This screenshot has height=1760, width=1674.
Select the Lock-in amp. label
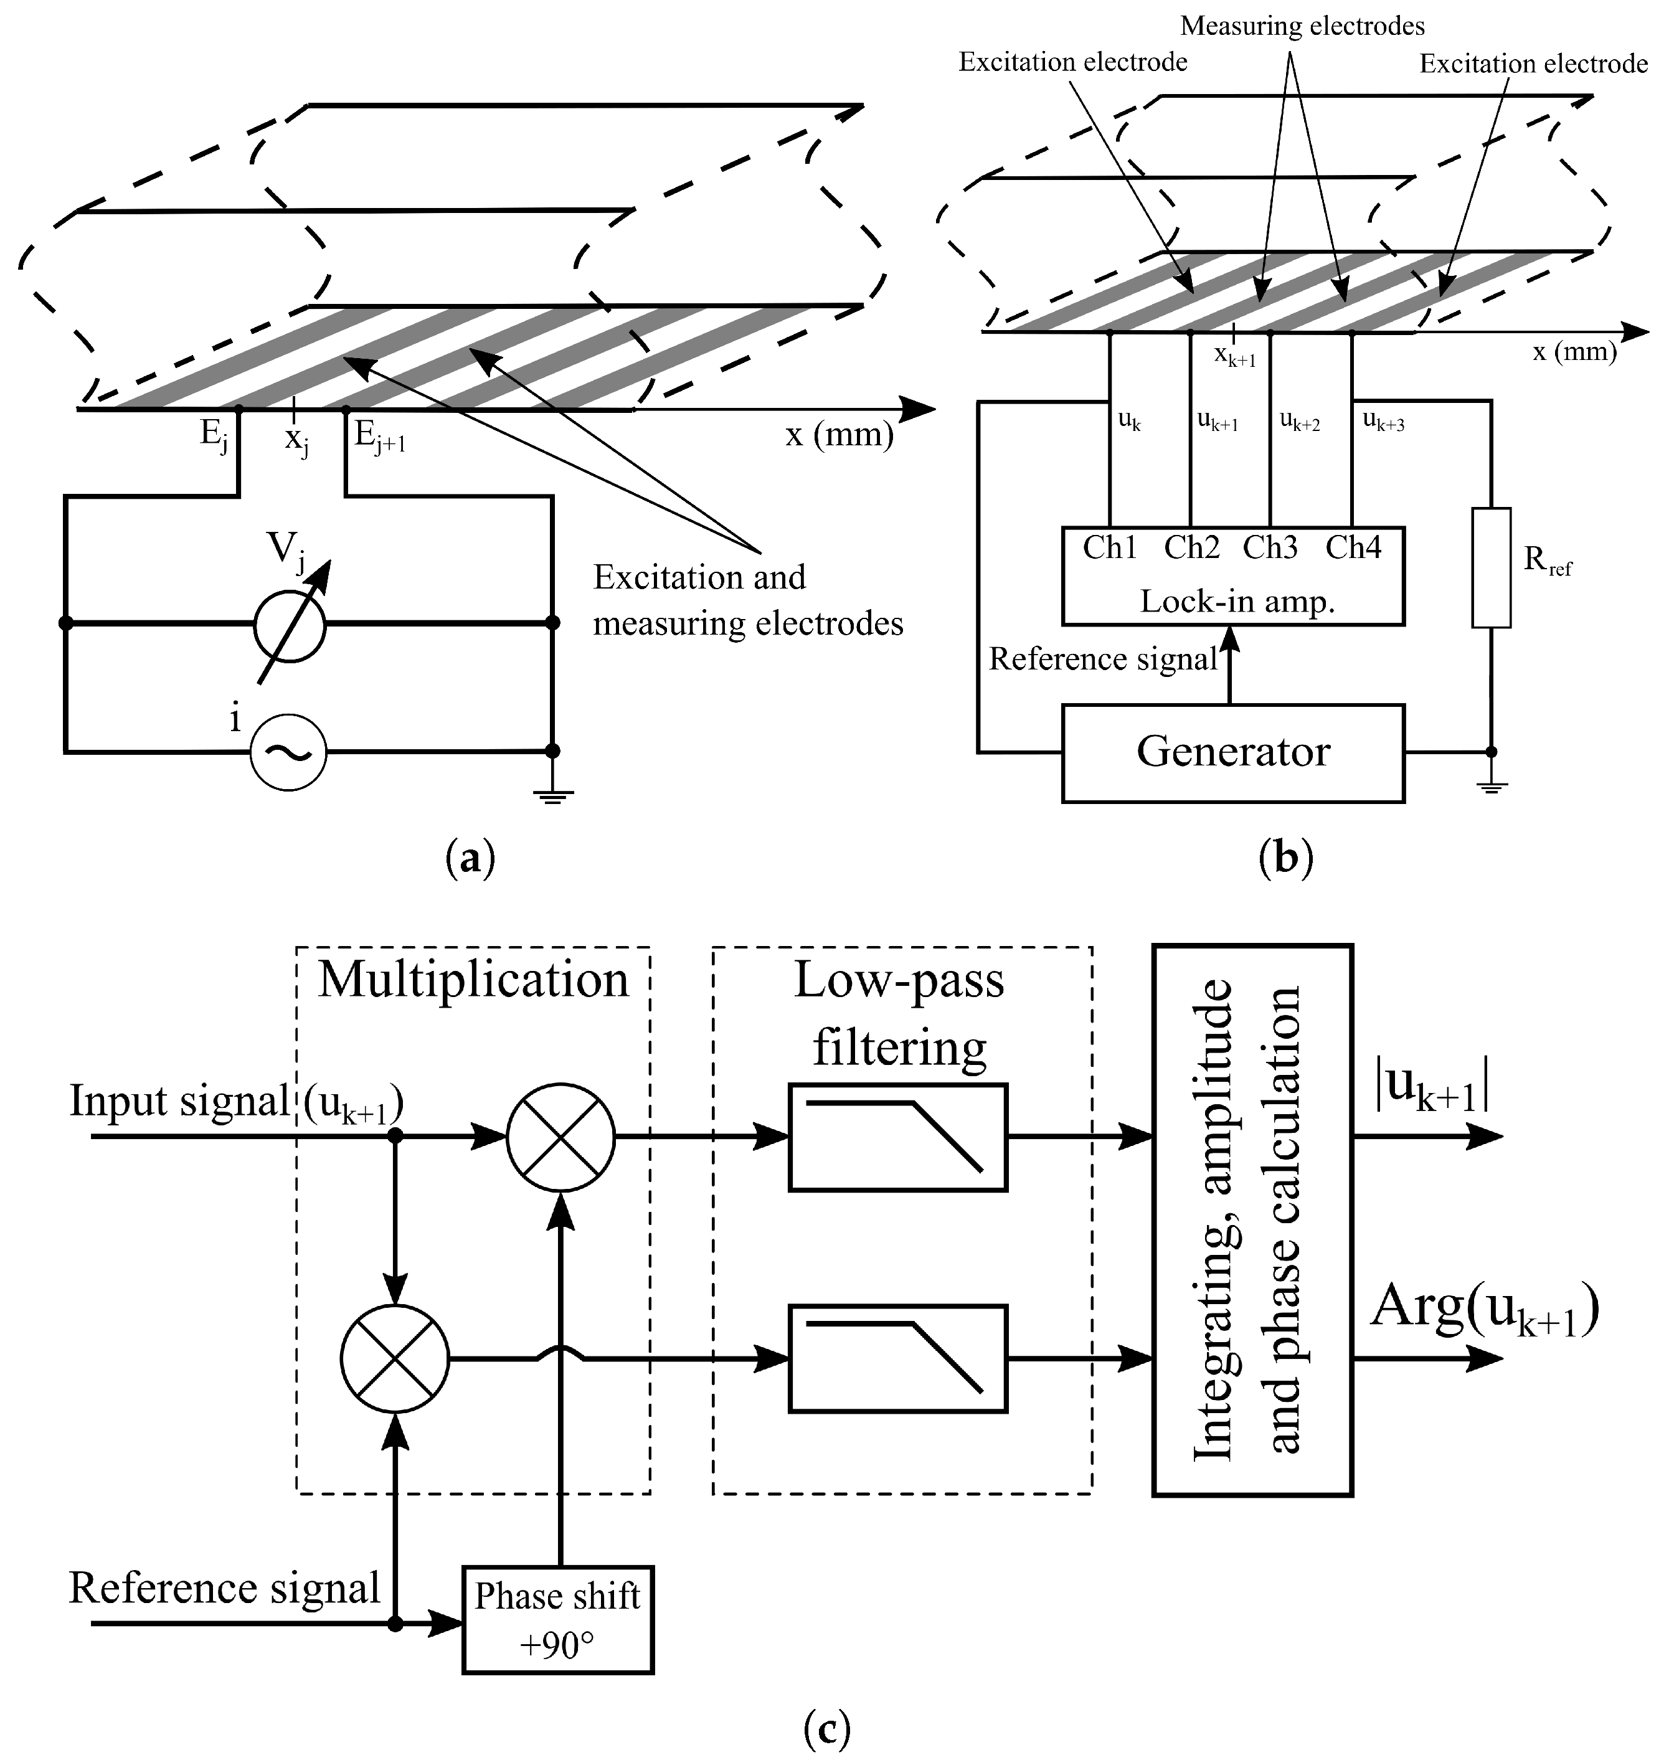click(1237, 602)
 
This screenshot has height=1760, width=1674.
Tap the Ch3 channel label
click(1270, 547)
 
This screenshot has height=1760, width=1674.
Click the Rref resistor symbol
click(1491, 567)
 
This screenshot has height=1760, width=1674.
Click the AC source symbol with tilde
click(287, 752)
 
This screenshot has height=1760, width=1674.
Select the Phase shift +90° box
click(558, 1619)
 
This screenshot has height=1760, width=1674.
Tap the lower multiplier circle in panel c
click(394, 1358)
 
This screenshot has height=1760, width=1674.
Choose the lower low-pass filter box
click(897, 1358)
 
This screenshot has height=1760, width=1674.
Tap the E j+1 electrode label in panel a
click(379, 437)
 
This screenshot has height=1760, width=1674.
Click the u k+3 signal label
click(1383, 420)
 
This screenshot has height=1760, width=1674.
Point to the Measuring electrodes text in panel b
click(1302, 26)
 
